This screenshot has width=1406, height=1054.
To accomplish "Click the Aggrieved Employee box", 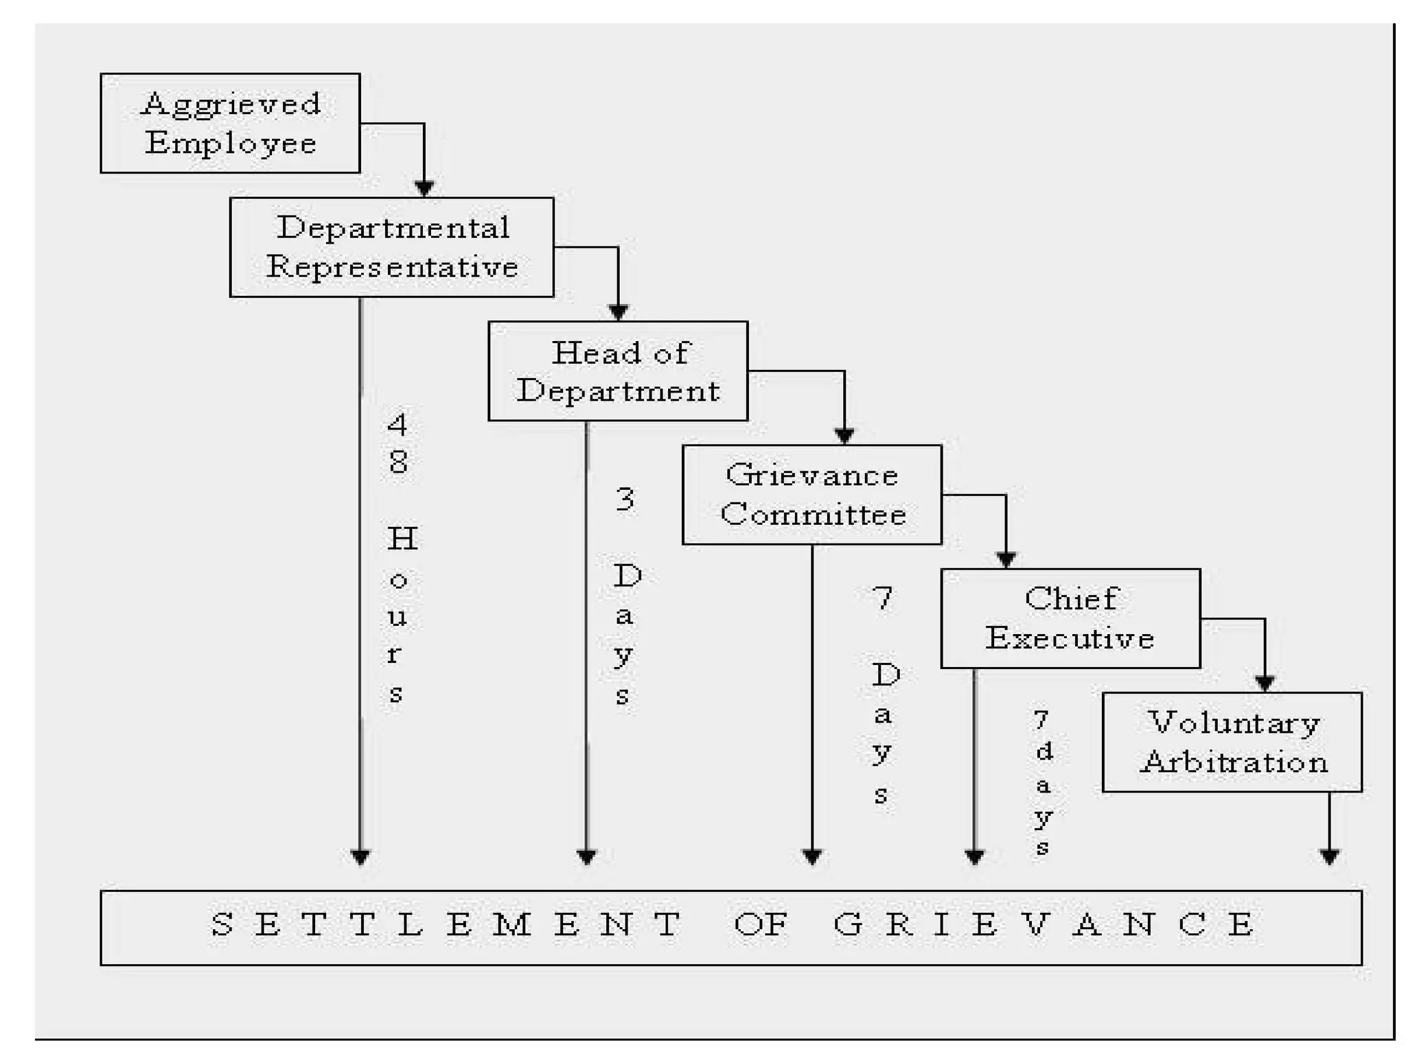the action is click(230, 123).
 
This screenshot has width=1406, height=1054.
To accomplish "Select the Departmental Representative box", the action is click(391, 247).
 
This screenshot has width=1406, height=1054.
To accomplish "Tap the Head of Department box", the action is click(618, 371).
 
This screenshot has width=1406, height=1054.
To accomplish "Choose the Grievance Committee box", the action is click(811, 495).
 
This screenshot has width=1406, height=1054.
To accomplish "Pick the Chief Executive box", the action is click(1070, 618).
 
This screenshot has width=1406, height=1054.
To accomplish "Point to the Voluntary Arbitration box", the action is click(1232, 742).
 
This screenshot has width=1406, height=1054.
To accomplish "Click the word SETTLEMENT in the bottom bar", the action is click(446, 924).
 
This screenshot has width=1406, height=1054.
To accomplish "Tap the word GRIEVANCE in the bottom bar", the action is click(1044, 924).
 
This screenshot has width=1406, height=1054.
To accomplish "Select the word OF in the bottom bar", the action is click(761, 924).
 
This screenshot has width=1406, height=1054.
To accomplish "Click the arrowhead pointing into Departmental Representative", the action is click(424, 188).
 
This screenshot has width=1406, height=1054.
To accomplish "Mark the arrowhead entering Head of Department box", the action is click(618, 312).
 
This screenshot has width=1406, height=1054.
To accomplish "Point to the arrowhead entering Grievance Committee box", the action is click(844, 436).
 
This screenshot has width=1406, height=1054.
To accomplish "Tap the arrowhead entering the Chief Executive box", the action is click(1006, 560).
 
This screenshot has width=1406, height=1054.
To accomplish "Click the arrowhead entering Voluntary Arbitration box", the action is click(1265, 683).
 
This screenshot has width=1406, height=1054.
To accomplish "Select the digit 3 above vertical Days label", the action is click(625, 499).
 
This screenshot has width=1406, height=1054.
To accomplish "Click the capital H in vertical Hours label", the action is click(402, 539).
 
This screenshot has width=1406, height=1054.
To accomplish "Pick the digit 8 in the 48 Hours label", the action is click(398, 461).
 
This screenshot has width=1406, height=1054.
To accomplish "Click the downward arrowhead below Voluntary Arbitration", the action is click(1329, 856).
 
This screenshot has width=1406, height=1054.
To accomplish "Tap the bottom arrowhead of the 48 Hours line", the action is click(360, 856).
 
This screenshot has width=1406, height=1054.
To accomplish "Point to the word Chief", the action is click(1071, 598).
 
